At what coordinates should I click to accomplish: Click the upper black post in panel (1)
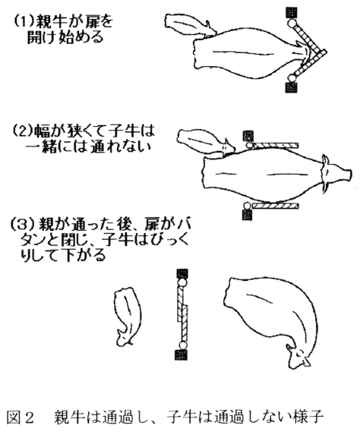292,13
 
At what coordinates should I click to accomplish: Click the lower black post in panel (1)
291,87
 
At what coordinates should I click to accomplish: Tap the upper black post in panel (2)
248,136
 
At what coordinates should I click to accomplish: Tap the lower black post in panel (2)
247,215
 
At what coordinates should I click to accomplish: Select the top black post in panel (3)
182,274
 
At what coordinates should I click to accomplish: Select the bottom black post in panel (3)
182,354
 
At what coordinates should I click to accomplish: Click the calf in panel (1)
191,26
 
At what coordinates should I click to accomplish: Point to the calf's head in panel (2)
227,146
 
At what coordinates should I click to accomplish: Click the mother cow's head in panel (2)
336,173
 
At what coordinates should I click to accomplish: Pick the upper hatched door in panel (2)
275,145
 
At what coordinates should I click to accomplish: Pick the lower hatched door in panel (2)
275,206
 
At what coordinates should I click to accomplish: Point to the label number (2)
22,131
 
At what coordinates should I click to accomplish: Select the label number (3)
21,224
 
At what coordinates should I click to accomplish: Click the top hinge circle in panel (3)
182,282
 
